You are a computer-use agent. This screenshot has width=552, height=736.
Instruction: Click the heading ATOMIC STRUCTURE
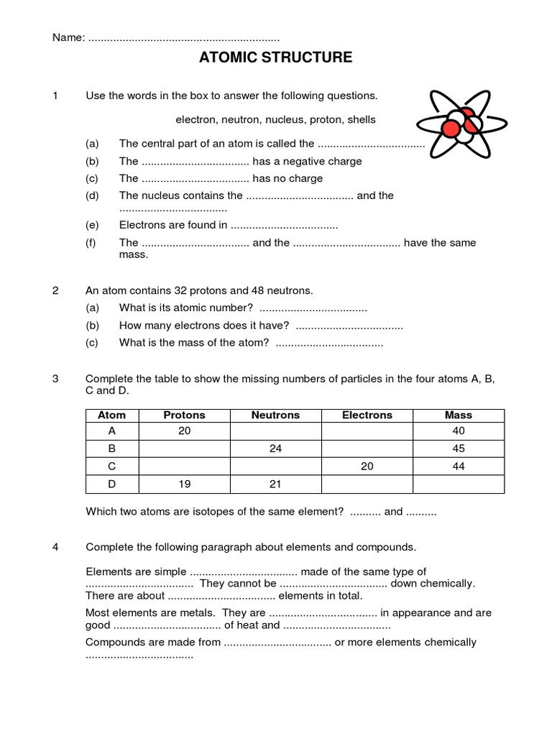coord(275,57)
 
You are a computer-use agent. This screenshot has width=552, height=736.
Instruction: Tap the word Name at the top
coord(68,37)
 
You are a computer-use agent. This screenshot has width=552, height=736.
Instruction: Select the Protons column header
coord(184,415)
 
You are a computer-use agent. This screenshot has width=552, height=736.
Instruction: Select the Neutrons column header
coord(275,415)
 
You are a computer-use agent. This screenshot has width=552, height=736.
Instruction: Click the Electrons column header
coord(367,415)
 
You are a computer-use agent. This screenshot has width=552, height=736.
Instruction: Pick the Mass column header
coord(459,415)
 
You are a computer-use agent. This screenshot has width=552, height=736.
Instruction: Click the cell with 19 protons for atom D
coord(184,484)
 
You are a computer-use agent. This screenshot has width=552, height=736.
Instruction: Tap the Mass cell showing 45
coord(459,449)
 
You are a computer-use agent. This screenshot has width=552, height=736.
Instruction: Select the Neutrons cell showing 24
coord(275,449)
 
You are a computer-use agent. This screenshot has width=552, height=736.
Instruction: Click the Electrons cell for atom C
coord(367,466)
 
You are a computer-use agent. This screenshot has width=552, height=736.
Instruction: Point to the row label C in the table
coord(111,466)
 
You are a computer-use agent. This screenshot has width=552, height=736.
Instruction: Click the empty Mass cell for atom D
coord(459,484)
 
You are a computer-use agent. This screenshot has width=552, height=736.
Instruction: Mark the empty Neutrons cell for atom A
coord(275,431)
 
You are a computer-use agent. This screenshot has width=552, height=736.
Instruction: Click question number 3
coord(56,379)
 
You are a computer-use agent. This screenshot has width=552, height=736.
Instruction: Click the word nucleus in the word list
coord(295,119)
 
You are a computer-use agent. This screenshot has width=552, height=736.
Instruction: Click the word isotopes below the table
coord(203,512)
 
